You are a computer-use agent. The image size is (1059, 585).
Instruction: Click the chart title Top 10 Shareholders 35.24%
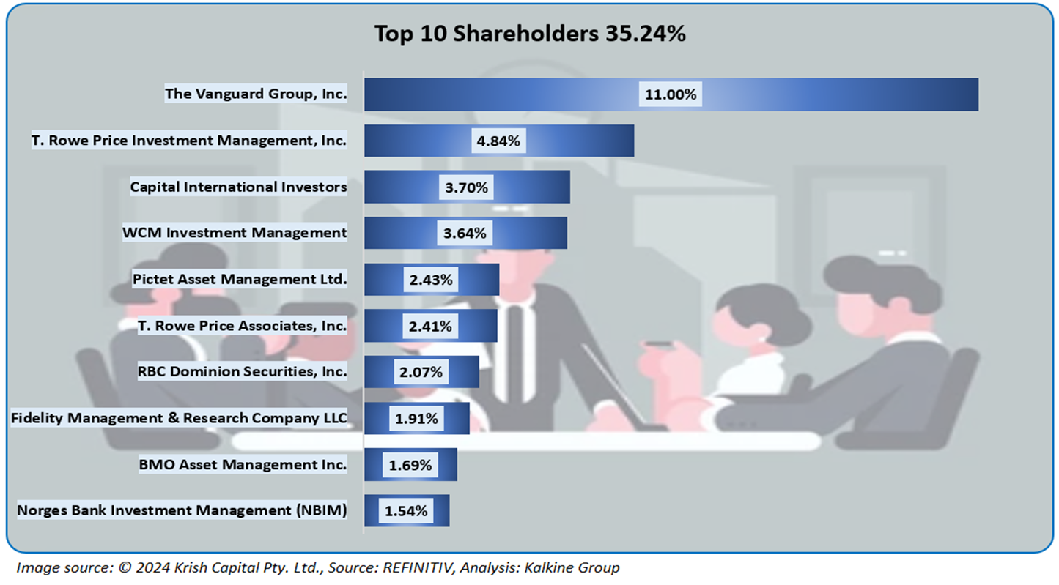tap(530, 34)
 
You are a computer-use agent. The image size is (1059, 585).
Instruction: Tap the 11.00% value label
tap(671, 94)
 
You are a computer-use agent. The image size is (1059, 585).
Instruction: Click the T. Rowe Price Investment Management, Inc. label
tap(189, 141)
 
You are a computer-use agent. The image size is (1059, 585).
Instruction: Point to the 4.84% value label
tap(498, 141)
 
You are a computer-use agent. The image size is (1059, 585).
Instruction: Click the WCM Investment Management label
tap(235, 233)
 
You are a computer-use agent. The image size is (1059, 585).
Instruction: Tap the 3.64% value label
tap(465, 233)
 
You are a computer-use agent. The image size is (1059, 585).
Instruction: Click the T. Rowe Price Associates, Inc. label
tap(242, 325)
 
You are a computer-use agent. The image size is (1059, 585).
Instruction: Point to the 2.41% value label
tap(431, 326)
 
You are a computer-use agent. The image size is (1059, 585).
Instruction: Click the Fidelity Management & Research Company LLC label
tap(179, 418)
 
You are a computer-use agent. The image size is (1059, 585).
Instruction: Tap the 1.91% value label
tap(416, 419)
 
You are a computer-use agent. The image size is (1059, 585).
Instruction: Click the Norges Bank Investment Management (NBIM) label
tap(182, 510)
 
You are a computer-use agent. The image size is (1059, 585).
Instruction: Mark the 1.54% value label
tap(406, 511)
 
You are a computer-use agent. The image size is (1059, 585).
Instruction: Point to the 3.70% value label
tap(466, 187)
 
